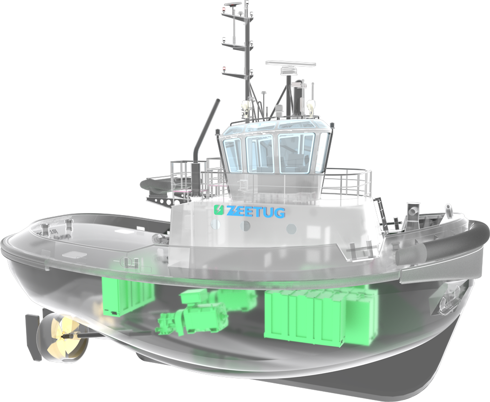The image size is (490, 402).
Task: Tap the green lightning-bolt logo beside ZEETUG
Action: pyautogui.click(x=219, y=210)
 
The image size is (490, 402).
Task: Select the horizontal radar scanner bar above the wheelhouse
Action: pyautogui.click(x=290, y=64)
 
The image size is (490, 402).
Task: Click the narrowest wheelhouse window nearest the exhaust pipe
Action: pyautogui.click(x=232, y=154)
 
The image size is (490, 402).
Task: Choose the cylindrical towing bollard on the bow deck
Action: pyautogui.click(x=413, y=211)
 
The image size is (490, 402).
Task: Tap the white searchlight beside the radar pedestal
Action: pyautogui.click(x=310, y=105)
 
